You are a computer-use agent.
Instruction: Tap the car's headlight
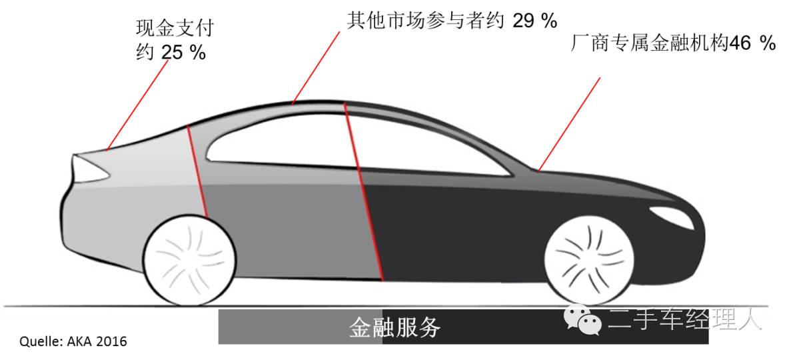[x=670, y=215]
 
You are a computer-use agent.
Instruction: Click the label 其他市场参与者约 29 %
[x=452, y=20]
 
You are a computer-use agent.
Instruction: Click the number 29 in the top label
[x=524, y=21]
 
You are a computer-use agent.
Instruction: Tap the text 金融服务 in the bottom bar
[x=395, y=327]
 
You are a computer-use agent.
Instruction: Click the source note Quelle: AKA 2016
[x=73, y=342]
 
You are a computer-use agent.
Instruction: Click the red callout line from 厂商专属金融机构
[x=570, y=123]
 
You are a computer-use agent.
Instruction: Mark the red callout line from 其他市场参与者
[x=319, y=67]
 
